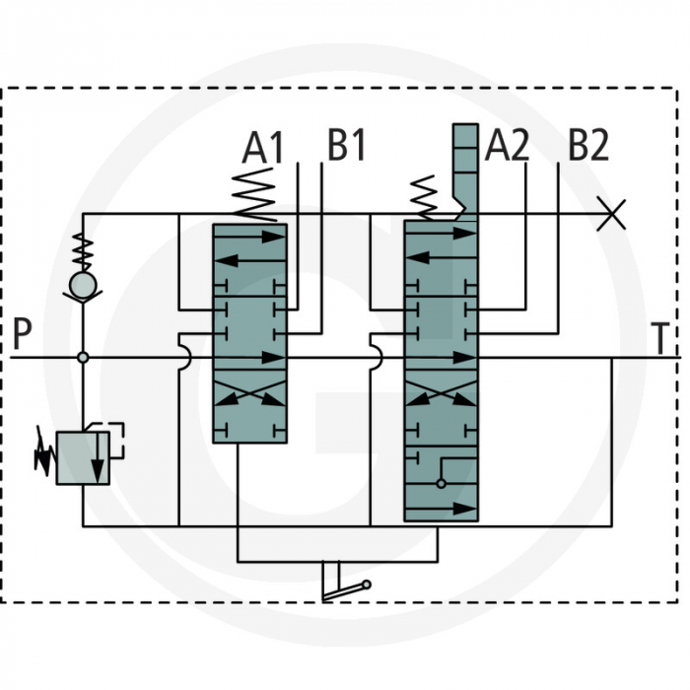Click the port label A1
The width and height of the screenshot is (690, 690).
point(263,148)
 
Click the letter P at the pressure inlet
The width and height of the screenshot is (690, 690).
point(23,335)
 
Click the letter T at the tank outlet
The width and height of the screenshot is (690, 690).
point(663,339)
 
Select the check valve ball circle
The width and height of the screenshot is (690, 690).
point(83,285)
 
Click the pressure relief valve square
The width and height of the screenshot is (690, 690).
point(83,456)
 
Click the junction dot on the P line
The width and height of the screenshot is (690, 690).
point(83,357)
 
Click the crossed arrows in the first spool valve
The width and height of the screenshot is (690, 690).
point(250,397)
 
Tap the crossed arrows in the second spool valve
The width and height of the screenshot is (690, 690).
point(441,397)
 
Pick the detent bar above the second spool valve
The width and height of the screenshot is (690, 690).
point(465,168)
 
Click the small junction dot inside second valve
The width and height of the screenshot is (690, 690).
point(441,484)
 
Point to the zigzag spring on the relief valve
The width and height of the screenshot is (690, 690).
point(43,453)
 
